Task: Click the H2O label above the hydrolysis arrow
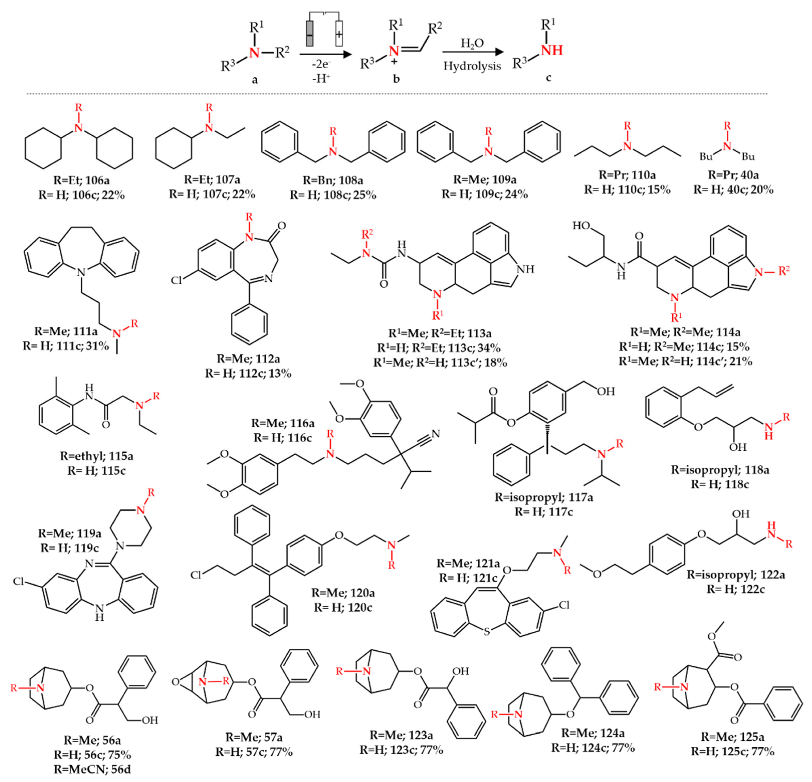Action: pyautogui.click(x=472, y=43)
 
